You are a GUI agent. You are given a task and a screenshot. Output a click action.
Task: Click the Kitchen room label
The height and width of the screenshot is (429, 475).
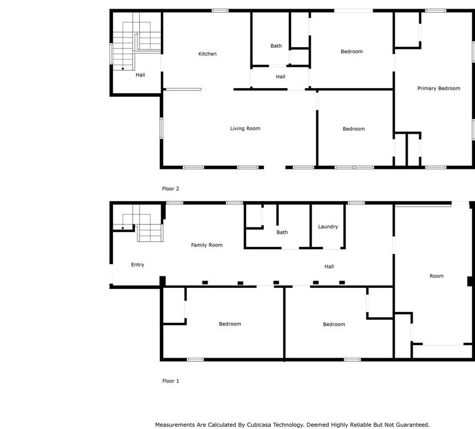click(208, 54)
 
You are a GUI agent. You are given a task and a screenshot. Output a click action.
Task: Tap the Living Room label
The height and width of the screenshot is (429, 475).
click(245, 128)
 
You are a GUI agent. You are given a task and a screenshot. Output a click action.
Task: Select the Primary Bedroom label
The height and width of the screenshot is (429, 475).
click(438, 89)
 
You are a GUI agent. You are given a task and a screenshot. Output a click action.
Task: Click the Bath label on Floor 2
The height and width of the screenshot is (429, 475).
click(276, 46)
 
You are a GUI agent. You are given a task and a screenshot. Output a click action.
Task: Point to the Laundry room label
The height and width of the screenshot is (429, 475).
click(328, 227)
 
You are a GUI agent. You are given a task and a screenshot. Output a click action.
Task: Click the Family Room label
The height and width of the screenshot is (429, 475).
click(206, 245)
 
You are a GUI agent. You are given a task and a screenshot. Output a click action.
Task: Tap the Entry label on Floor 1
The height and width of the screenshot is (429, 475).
click(137, 265)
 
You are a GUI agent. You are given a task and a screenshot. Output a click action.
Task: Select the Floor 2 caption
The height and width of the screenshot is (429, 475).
click(171, 188)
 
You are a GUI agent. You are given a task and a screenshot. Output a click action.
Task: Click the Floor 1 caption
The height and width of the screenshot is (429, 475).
click(171, 381)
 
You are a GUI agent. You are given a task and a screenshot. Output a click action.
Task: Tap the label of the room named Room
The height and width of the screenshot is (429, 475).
click(436, 276)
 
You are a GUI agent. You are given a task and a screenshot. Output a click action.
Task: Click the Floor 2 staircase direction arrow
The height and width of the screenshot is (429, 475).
click(122, 69)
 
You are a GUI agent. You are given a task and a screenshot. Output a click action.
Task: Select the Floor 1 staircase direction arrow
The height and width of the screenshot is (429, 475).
click(122, 229)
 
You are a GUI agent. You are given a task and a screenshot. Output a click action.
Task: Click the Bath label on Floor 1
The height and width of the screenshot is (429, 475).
click(282, 233)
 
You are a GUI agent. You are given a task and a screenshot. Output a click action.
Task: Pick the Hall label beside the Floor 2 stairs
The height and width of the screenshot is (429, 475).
click(140, 75)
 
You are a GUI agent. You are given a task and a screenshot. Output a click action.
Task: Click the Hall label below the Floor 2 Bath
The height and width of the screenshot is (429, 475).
click(281, 77)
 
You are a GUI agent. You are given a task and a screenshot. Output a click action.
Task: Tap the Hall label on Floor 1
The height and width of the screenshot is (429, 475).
click(329, 267)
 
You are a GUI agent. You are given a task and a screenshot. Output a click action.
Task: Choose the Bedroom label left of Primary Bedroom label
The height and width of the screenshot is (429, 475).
click(351, 52)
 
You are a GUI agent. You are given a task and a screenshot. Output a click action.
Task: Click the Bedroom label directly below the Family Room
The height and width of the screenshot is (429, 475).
click(230, 324)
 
